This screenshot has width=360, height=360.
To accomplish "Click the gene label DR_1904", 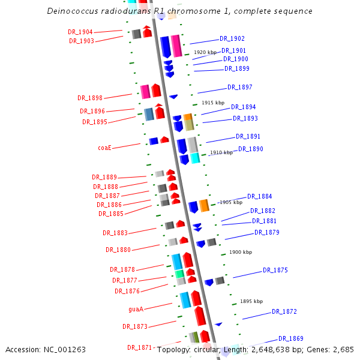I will pos(80,32).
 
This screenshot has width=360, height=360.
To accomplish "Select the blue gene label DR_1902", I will pos(232,38).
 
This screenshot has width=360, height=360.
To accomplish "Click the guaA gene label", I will pos(136,309).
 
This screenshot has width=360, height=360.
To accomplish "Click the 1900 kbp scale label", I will pos(239,253).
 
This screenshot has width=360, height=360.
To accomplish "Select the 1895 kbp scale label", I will pos(251,301).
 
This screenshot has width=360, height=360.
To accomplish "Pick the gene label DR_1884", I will pos(260,196).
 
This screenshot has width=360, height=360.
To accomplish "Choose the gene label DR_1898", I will pos(90,98).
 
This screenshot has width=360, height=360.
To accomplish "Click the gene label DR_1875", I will pos(275,270).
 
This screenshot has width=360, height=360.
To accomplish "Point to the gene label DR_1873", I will pos(135,326).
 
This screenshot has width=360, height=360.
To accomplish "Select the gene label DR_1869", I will pos(291,338).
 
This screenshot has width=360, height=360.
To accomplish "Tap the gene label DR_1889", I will pos(104,177).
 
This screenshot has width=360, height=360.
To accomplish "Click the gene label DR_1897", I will pos(240,87).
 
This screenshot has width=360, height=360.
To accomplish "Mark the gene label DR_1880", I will pos(118,250).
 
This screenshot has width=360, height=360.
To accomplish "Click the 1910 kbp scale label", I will pos(221,152).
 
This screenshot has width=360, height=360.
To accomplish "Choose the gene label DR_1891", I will pos(248,136).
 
